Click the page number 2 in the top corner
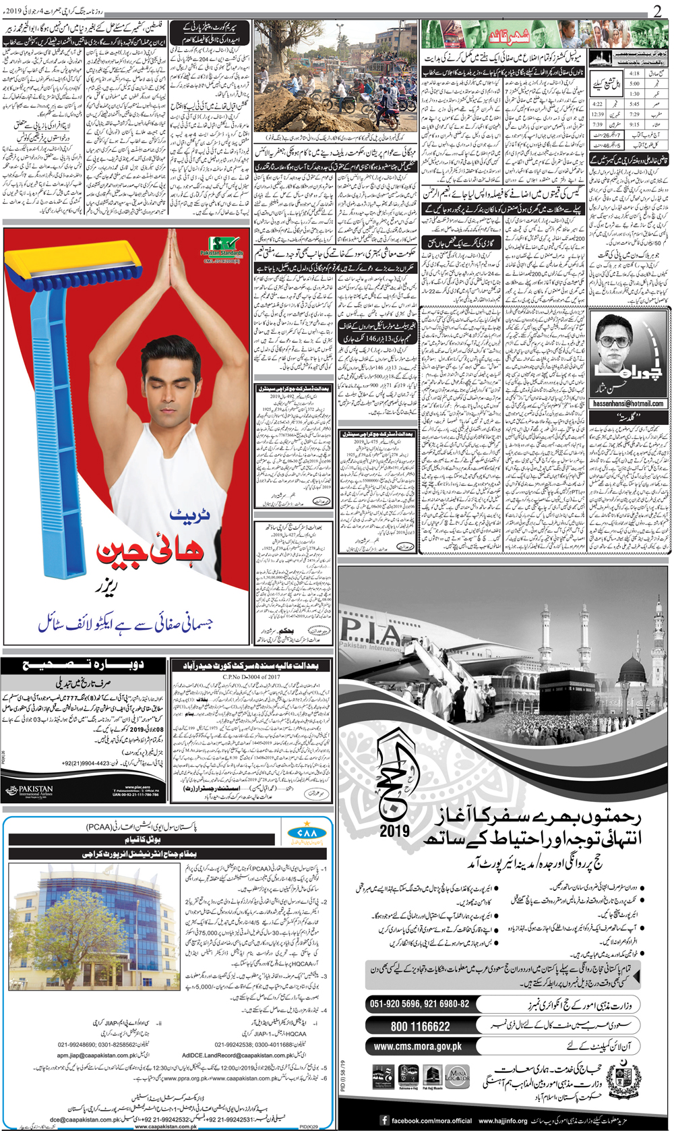(x=657, y=11)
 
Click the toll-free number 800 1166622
(x=420, y=1026)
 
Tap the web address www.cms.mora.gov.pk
(x=418, y=1047)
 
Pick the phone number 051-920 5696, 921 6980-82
(x=419, y=1004)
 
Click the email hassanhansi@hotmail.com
(x=628, y=403)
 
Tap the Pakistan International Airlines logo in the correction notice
(x=28, y=790)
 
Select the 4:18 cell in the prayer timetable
(x=634, y=74)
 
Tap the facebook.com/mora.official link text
(x=431, y=1120)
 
